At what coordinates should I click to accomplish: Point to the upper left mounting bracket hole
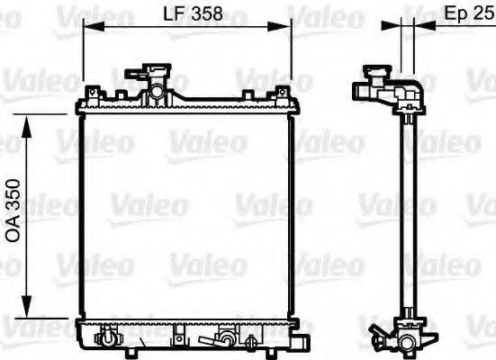coord(93,91)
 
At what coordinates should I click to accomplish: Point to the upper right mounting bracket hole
coord(282,91)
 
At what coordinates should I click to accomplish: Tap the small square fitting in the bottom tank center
coord(178,337)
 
